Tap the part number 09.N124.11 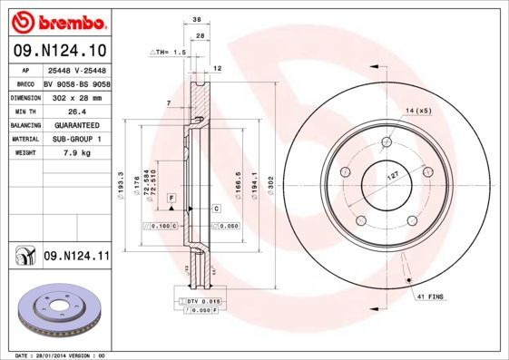tap(75, 257)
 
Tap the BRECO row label tap(25, 83)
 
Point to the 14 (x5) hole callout tap(417, 110)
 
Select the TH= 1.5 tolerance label tap(168, 54)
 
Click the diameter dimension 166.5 tap(237, 180)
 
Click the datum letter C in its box tap(216, 209)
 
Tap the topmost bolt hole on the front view tap(387, 141)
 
